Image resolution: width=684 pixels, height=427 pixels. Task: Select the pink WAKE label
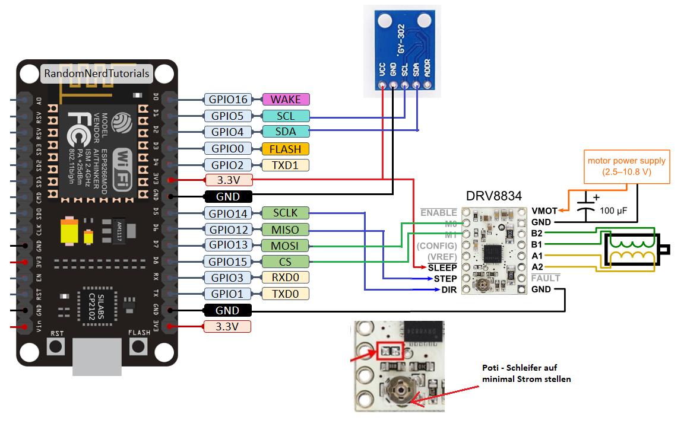[x=286, y=100]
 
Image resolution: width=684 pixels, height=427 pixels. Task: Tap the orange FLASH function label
[x=285, y=149]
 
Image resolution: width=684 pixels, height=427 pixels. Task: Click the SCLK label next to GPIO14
[x=285, y=213]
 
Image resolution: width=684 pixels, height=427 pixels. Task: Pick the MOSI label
[x=285, y=246]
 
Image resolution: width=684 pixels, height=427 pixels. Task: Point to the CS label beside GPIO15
[x=285, y=262]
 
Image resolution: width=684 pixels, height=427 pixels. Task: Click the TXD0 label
[x=285, y=294]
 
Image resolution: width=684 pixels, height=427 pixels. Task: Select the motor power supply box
[x=626, y=166]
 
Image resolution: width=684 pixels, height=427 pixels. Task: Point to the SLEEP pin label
[x=442, y=267]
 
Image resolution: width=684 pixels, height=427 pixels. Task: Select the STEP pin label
[x=445, y=279]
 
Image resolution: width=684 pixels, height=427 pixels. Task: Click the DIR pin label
[x=448, y=290]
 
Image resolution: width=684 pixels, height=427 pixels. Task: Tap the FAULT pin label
[x=546, y=278]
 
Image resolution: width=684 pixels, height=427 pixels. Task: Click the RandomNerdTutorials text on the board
[x=96, y=74]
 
